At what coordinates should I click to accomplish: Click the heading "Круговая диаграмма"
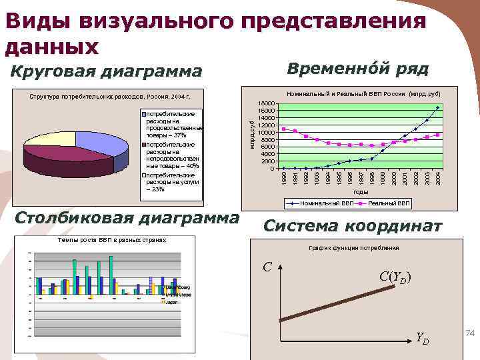107,71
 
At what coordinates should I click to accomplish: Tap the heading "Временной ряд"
357,69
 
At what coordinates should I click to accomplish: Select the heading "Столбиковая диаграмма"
127,218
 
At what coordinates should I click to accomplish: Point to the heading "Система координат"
353,227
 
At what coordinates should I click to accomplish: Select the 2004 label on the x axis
438,178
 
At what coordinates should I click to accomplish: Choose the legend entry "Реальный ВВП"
390,202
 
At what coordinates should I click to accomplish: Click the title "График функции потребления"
353,248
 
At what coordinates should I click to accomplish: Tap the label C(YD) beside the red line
395,277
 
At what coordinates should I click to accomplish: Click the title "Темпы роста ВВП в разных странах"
111,239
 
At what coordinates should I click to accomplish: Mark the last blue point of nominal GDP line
438,107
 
